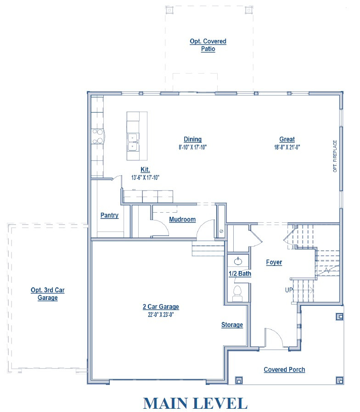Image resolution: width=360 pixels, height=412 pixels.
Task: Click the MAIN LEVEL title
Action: click(x=195, y=403)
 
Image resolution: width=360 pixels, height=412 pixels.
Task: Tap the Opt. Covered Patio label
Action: click(x=208, y=45)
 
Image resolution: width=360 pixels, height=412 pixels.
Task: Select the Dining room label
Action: click(x=192, y=140)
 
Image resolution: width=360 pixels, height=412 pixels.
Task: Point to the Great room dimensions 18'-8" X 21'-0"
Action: click(x=287, y=147)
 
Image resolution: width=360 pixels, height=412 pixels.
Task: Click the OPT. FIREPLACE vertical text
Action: click(x=335, y=156)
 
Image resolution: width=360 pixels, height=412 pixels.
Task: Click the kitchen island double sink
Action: click(x=133, y=142)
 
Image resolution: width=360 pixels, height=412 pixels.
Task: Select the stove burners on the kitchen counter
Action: click(x=98, y=136)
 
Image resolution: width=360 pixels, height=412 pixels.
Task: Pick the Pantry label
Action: click(x=109, y=215)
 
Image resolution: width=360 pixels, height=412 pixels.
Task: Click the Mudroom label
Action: click(x=182, y=220)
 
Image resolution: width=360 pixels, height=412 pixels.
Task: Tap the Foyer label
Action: click(x=274, y=262)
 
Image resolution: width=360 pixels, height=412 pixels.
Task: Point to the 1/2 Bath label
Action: click(x=240, y=274)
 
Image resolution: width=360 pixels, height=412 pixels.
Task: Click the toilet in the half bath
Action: click(x=238, y=293)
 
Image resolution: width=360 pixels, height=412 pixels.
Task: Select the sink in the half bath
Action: click(x=238, y=261)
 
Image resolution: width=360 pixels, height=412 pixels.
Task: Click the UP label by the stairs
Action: click(x=288, y=290)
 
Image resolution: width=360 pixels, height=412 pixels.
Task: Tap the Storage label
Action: click(x=232, y=325)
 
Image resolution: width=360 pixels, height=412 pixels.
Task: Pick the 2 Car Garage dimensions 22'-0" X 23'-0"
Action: click(x=161, y=315)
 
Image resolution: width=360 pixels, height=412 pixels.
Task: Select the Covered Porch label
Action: click(x=284, y=369)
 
